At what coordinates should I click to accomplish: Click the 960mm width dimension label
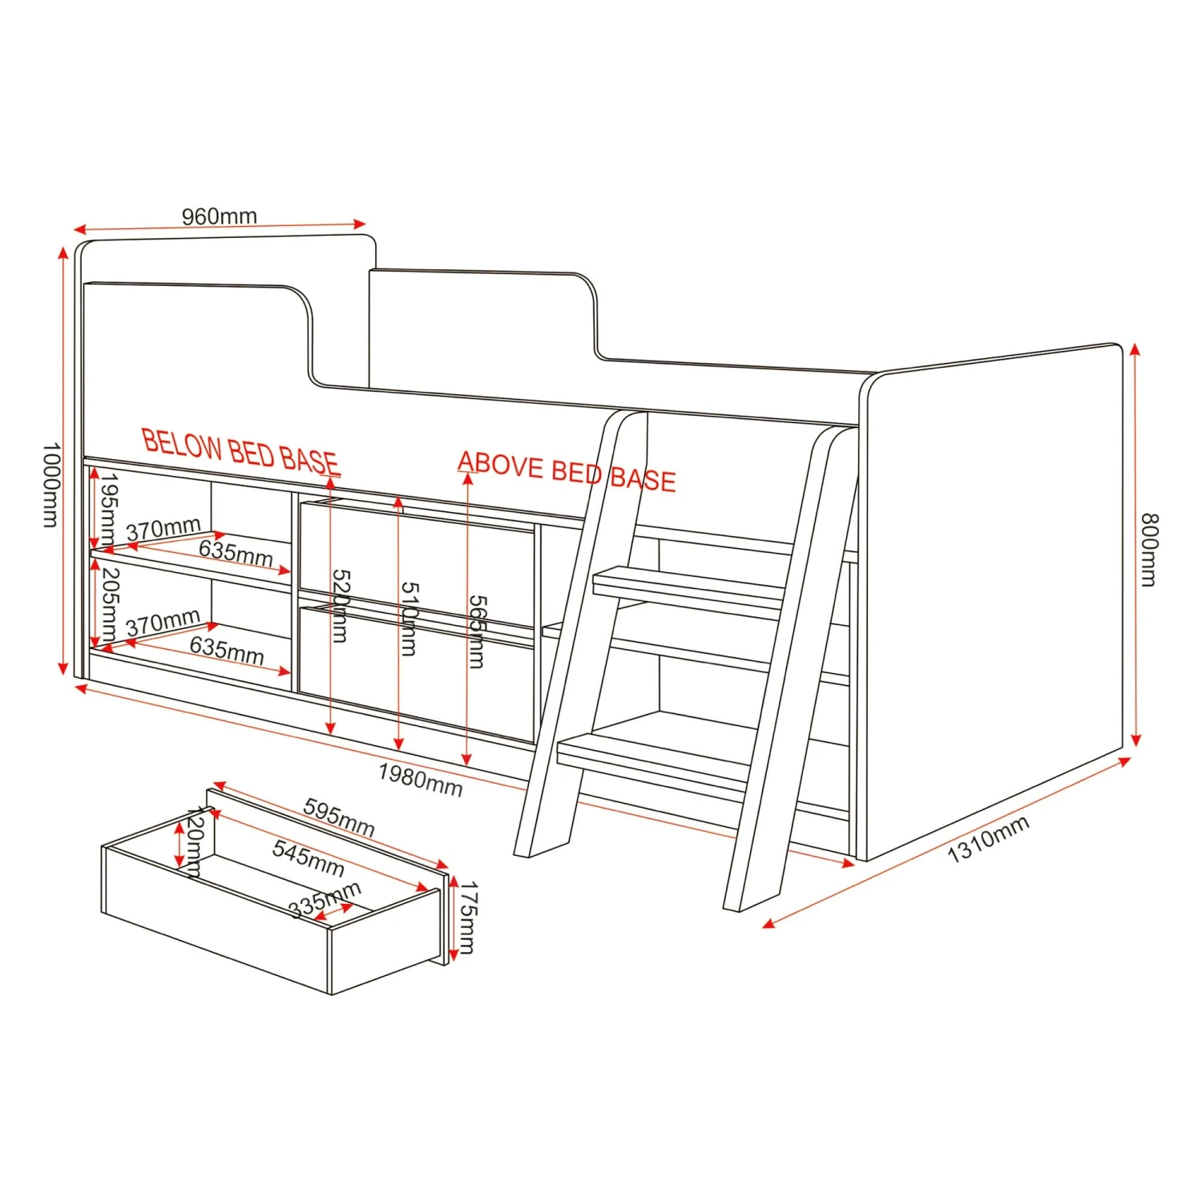click(x=219, y=216)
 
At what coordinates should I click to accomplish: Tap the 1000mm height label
click(x=50, y=485)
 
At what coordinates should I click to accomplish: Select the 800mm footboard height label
click(x=1149, y=550)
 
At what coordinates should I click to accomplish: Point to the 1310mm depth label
click(x=988, y=839)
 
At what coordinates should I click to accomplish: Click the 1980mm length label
click(x=421, y=780)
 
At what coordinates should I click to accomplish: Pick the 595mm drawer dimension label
click(x=339, y=817)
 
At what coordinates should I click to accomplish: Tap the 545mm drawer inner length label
click(x=309, y=858)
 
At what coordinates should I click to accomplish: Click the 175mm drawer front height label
click(x=466, y=918)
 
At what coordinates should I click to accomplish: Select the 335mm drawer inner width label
click(x=325, y=900)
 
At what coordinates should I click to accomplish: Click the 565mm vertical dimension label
click(x=476, y=631)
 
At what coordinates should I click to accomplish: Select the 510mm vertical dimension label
click(x=408, y=619)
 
